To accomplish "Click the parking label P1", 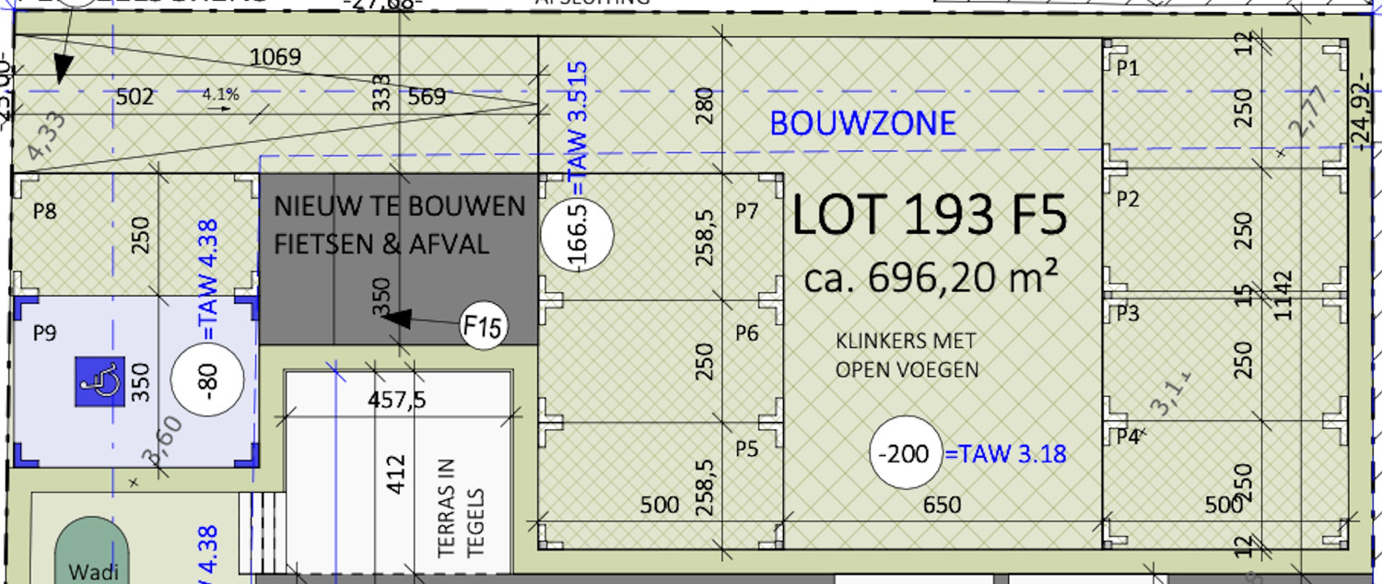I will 1128,68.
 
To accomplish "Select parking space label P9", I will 44,333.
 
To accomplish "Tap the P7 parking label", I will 746,212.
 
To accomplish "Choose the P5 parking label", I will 746,450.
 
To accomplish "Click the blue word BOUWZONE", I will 862,123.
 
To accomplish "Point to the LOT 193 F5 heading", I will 929,217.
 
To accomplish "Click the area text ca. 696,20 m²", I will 929,276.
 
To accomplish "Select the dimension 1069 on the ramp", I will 275,57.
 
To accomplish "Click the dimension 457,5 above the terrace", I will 397,401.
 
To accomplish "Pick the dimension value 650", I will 941,505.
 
